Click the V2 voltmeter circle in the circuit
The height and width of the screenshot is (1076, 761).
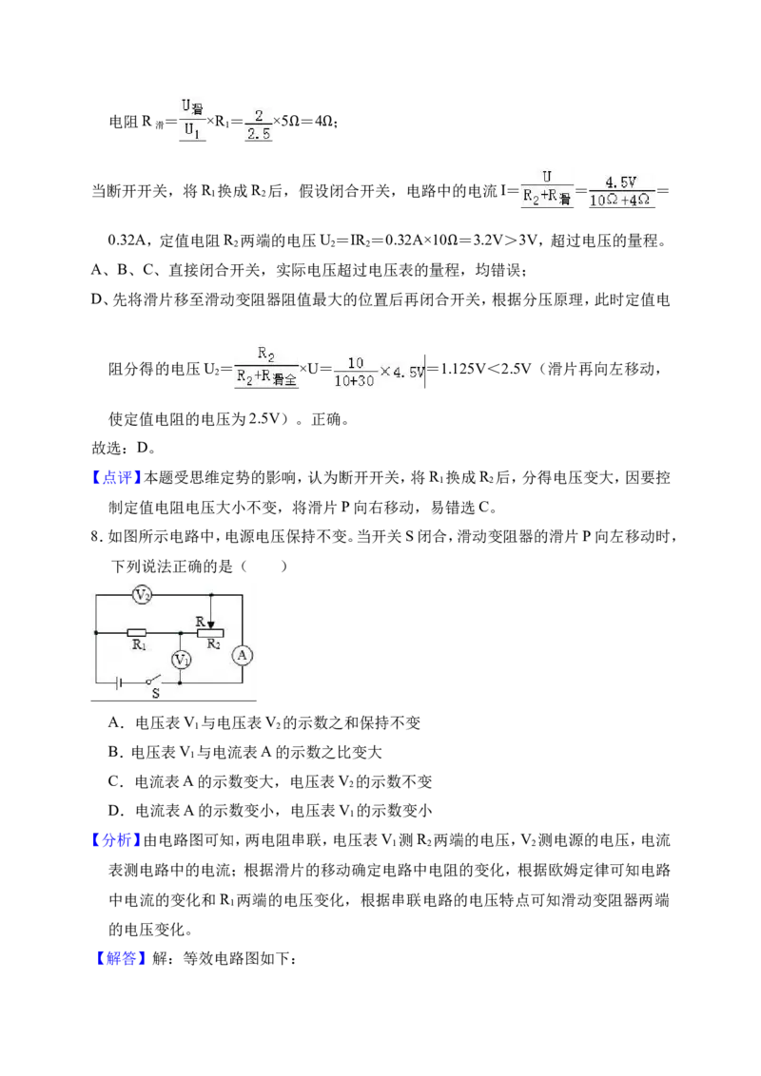pyautogui.click(x=142, y=594)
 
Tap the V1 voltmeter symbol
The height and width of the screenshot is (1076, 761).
pyautogui.click(x=181, y=660)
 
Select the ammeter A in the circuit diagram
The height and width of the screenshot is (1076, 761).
pyautogui.click(x=242, y=655)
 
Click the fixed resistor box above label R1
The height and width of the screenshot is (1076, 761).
pyautogui.click(x=137, y=632)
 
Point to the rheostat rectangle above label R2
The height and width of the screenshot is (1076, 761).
pyautogui.click(x=210, y=632)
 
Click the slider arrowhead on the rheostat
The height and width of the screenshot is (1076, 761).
pyautogui.click(x=210, y=624)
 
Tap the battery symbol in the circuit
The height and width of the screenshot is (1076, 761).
pyautogui.click(x=120, y=682)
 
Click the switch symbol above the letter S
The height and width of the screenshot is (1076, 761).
pyautogui.click(x=152, y=682)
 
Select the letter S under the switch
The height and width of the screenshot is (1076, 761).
pyautogui.click(x=156, y=693)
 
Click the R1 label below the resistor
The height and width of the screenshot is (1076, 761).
pyautogui.click(x=139, y=645)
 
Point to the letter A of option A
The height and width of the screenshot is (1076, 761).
pyautogui.click(x=113, y=721)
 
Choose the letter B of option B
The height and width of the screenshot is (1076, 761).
pyautogui.click(x=113, y=752)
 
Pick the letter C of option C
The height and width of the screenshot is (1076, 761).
pyautogui.click(x=113, y=781)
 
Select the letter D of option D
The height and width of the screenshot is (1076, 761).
pyautogui.click(x=113, y=811)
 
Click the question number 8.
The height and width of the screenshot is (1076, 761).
pyautogui.click(x=95, y=536)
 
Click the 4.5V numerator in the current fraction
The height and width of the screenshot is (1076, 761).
pyautogui.click(x=621, y=183)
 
